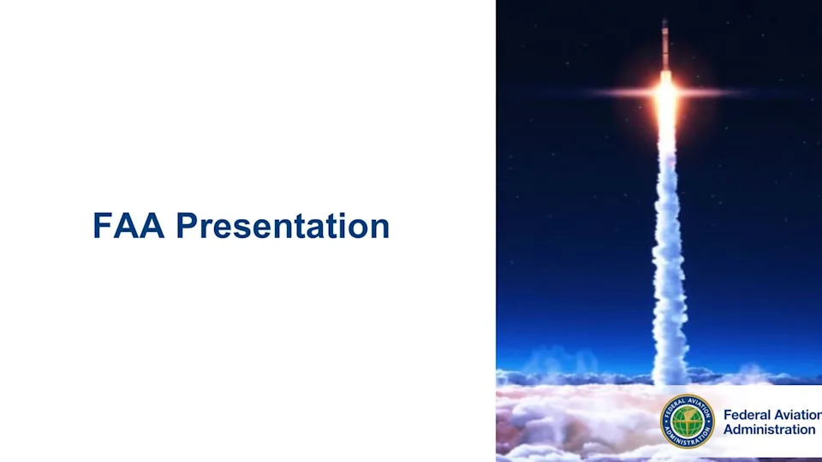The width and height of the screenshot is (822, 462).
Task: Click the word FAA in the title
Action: coord(128,226)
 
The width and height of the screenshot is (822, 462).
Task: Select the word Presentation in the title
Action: coord(283,226)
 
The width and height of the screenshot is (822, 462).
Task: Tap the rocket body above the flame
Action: coord(664,47)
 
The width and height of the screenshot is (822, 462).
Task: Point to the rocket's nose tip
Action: coord(664,20)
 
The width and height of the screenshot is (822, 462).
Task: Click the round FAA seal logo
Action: coord(688,422)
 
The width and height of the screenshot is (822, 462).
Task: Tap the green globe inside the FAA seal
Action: coord(688,422)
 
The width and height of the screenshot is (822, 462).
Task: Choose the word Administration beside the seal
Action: coord(770,429)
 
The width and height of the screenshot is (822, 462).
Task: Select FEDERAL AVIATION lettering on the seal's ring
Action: coord(688,402)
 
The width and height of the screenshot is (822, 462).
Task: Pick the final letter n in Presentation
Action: coord(379,229)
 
